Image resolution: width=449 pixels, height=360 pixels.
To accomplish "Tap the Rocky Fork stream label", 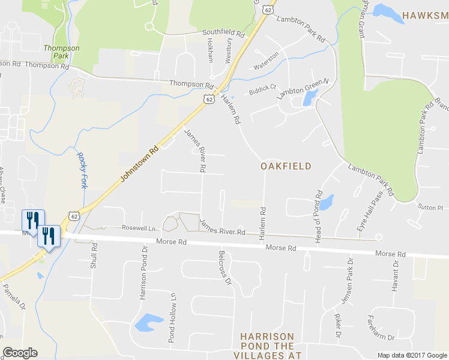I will [82, 170].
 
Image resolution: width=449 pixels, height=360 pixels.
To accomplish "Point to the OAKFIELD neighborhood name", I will [286, 166].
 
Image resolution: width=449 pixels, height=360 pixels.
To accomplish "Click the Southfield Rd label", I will [224, 32].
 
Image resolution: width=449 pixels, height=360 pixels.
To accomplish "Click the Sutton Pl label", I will [430, 208].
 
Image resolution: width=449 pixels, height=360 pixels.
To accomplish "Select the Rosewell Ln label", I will [139, 228].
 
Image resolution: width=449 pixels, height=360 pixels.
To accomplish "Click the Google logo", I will [20, 353].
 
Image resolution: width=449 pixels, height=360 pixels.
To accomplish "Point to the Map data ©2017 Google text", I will [412, 355].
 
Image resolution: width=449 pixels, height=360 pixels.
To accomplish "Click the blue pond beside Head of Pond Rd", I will [326, 203].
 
